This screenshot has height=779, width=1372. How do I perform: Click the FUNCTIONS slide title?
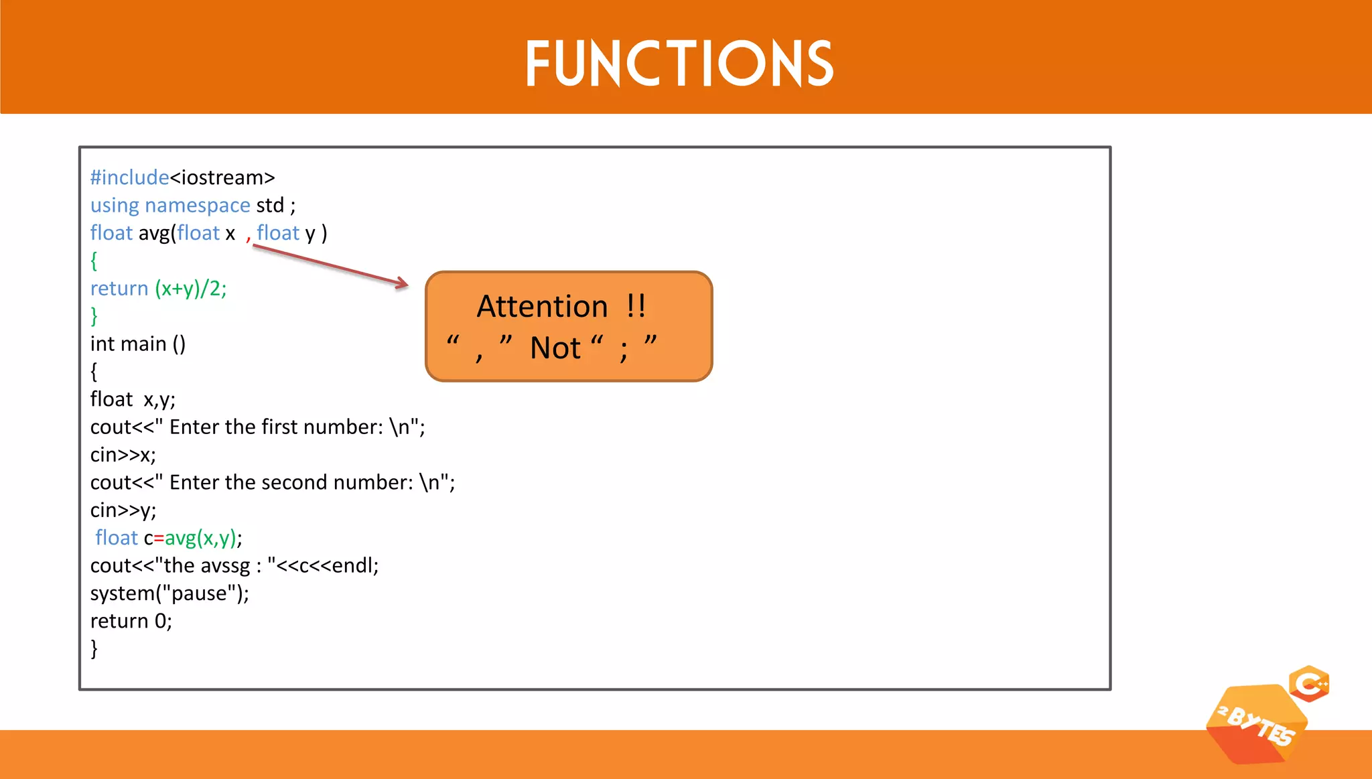pos(679,63)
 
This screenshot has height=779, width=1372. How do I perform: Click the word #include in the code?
pos(129,178)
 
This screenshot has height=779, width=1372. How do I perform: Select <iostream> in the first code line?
pos(222,178)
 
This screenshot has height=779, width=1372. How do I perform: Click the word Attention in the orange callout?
pos(542,307)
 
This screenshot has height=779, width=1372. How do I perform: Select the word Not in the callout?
pos(555,348)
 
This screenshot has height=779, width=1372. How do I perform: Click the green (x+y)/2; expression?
pos(191,288)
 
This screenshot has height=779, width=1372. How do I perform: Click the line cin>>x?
pos(123,455)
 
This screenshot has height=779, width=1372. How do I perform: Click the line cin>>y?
pos(123,510)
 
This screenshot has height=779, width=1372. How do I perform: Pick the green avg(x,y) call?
pos(200,538)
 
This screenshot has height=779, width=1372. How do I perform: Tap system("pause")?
pos(169,593)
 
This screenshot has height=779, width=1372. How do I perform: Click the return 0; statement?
pos(131,621)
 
